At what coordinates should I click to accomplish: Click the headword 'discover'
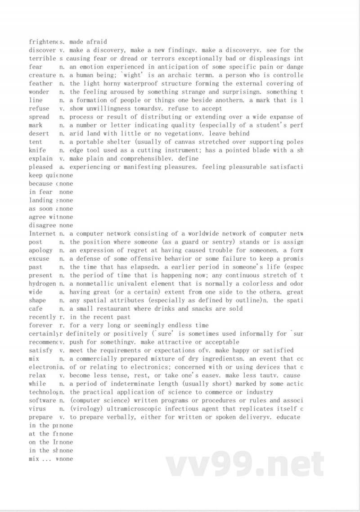42,50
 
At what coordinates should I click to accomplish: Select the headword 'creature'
42,75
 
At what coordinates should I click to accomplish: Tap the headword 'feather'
40,84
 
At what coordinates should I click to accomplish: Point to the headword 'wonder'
39,92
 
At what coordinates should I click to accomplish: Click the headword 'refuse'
39,109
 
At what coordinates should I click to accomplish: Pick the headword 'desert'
39,134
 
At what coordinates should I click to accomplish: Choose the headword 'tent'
36,142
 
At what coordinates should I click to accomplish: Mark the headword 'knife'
37,150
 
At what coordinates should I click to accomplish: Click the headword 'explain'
40,159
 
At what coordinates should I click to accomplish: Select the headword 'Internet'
42,234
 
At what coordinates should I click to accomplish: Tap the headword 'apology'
40,250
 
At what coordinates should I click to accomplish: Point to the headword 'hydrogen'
42,284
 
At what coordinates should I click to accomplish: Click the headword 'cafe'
36,309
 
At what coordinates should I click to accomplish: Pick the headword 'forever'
40,326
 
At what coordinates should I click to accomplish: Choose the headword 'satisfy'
40,350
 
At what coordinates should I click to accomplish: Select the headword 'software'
42,400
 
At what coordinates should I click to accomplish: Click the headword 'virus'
37,409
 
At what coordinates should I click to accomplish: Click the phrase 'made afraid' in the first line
88,42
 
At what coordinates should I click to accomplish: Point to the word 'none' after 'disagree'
66,226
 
